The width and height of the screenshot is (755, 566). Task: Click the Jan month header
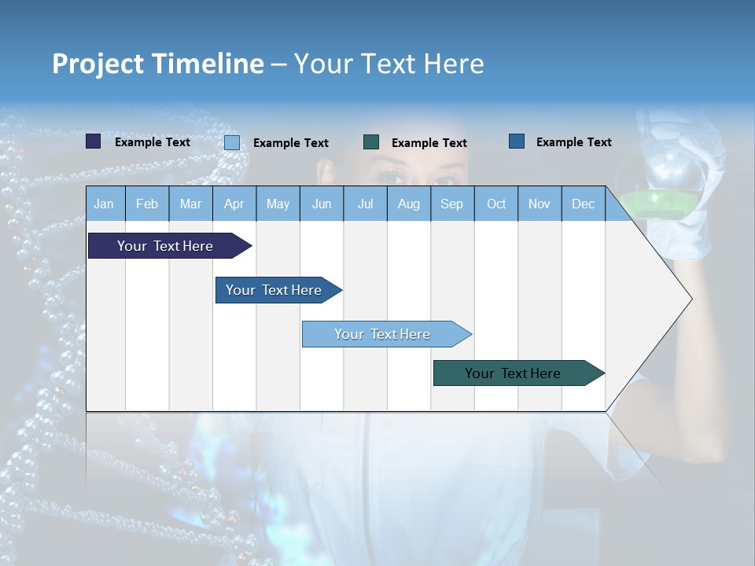[104, 204]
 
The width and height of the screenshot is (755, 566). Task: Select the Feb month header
[147, 204]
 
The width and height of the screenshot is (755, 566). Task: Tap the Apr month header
[234, 204]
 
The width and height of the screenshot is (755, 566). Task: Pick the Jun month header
[322, 204]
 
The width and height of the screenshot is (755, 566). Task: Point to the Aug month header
[409, 204]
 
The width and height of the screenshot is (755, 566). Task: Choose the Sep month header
[452, 204]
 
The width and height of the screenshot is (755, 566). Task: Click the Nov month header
[540, 204]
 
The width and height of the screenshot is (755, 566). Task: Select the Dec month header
[584, 204]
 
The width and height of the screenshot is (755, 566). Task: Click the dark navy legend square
[94, 141]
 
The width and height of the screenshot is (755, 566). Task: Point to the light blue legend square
[232, 142]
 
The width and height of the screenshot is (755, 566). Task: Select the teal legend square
[371, 141]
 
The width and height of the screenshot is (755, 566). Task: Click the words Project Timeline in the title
[158, 64]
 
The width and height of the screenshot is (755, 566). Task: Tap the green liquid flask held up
[670, 189]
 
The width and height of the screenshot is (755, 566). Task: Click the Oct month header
[496, 204]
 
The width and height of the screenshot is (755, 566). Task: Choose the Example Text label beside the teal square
[429, 143]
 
